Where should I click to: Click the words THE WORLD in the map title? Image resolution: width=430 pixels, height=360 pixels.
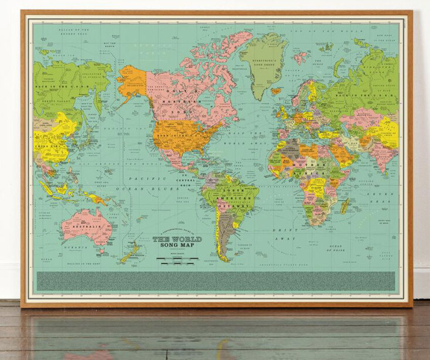[177, 239]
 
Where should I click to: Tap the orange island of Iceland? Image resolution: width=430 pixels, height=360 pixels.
[276, 91]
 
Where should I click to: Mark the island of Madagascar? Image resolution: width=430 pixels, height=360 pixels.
[345, 205]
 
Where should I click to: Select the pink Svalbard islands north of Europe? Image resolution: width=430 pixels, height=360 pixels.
[301, 57]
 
